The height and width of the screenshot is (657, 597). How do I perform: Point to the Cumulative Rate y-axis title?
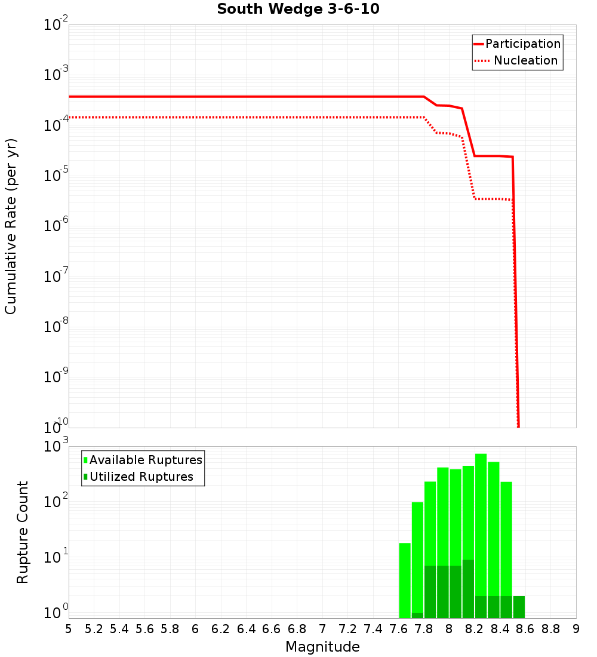point(11,226)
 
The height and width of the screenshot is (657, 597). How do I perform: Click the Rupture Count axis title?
point(23,532)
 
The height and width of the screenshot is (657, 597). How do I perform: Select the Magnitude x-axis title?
point(322,647)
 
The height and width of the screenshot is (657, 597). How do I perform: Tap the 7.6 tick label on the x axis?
point(398,629)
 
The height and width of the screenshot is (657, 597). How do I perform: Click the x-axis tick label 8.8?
point(550,629)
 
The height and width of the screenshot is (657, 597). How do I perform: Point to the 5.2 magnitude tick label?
point(94,629)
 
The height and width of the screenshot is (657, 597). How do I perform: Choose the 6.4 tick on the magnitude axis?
point(246,629)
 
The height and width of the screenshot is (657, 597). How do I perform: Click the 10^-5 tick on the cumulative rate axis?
point(56,176)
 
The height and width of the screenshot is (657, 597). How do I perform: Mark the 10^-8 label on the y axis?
point(56,327)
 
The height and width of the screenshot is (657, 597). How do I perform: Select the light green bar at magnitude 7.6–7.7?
point(405,579)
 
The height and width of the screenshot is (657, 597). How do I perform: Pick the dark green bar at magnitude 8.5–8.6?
point(519,607)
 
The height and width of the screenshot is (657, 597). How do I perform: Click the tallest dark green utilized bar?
point(468,588)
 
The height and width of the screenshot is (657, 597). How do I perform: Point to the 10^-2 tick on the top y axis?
point(56,25)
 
